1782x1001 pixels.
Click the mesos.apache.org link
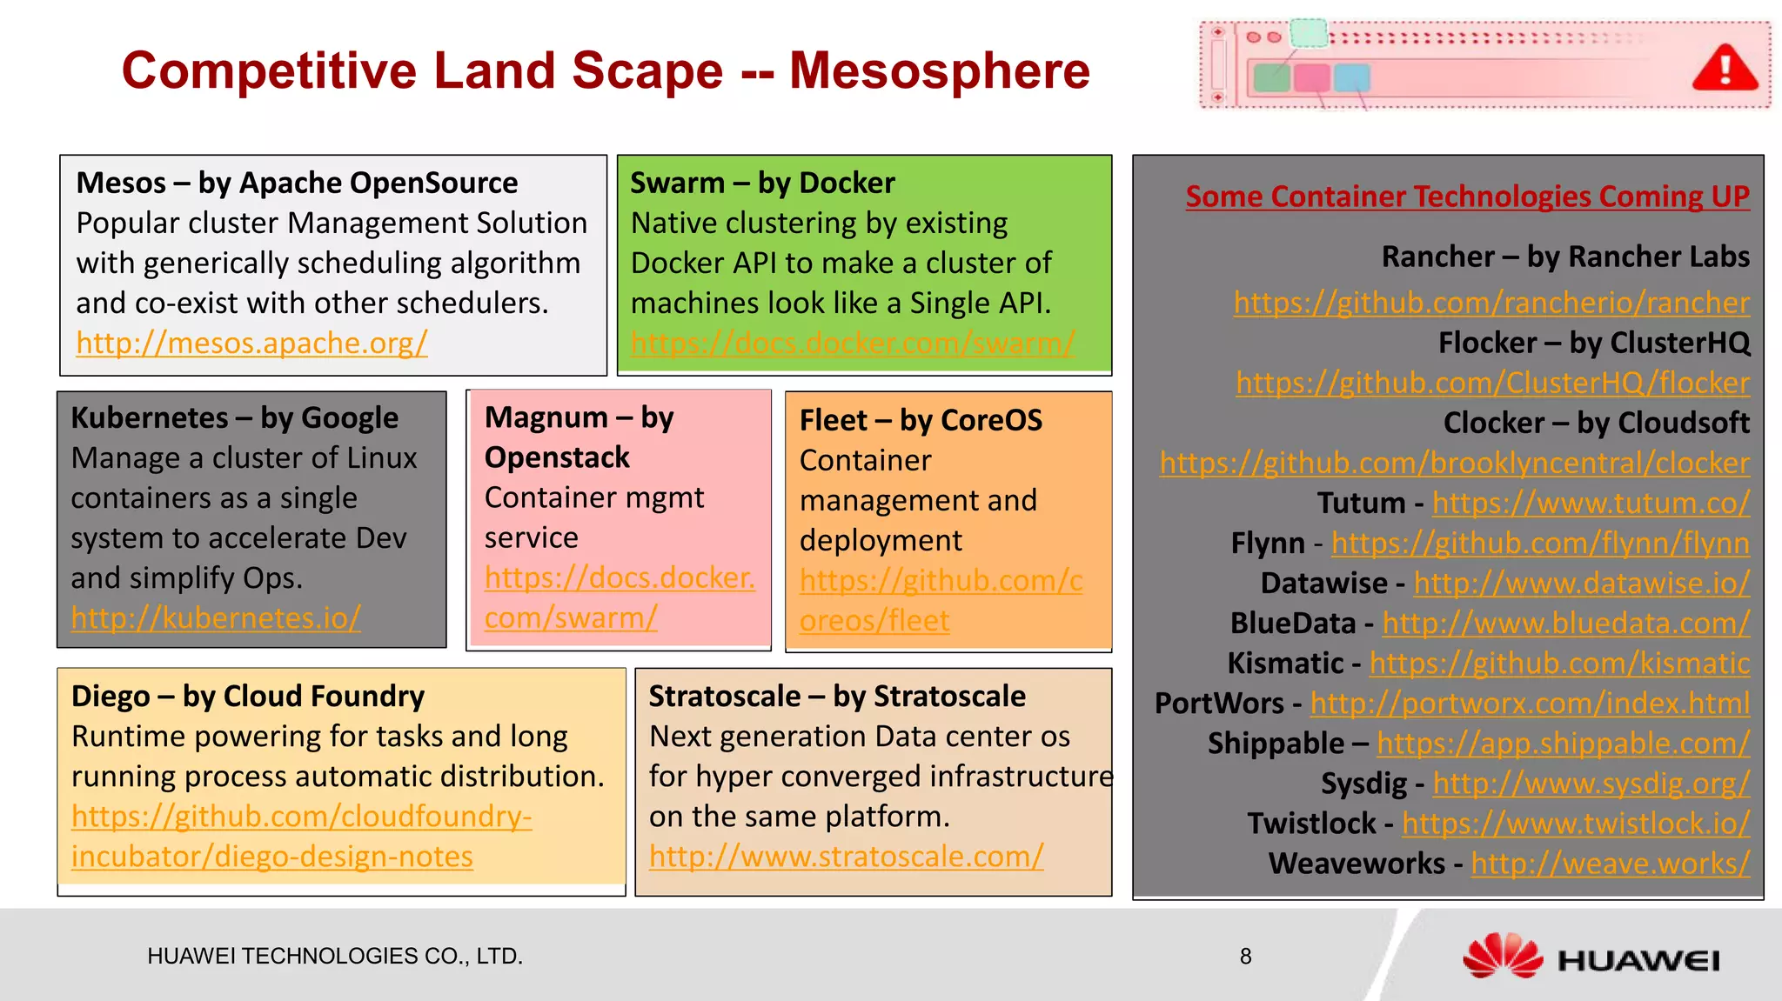pyautogui.click(x=251, y=344)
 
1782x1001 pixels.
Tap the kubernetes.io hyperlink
pyautogui.click(x=216, y=618)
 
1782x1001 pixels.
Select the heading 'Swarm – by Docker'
pyautogui.click(x=762, y=184)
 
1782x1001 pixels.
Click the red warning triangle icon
pyautogui.click(x=1725, y=70)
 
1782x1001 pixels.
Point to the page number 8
pyautogui.click(x=1245, y=957)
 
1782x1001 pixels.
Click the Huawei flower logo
pyautogui.click(x=1503, y=957)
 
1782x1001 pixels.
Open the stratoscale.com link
pyautogui.click(x=846, y=857)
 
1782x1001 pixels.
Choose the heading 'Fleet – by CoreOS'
pyautogui.click(x=921, y=421)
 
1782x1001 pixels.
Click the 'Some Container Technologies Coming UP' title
pyautogui.click(x=1467, y=197)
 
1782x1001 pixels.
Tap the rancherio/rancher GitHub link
pyautogui.click(x=1491, y=303)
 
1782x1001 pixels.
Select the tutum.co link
pyautogui.click(x=1591, y=503)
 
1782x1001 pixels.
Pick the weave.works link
pyautogui.click(x=1610, y=864)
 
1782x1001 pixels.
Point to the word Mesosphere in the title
pyautogui.click(x=939, y=71)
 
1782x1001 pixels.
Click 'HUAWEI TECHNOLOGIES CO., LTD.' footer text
pyautogui.click(x=335, y=957)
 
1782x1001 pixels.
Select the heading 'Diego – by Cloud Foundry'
pyautogui.click(x=248, y=697)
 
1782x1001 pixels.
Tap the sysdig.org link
pyautogui.click(x=1591, y=784)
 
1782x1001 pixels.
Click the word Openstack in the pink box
pyautogui.click(x=557, y=457)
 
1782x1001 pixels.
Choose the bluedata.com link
pyautogui.click(x=1565, y=624)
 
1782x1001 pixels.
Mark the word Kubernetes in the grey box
pyautogui.click(x=150, y=418)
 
